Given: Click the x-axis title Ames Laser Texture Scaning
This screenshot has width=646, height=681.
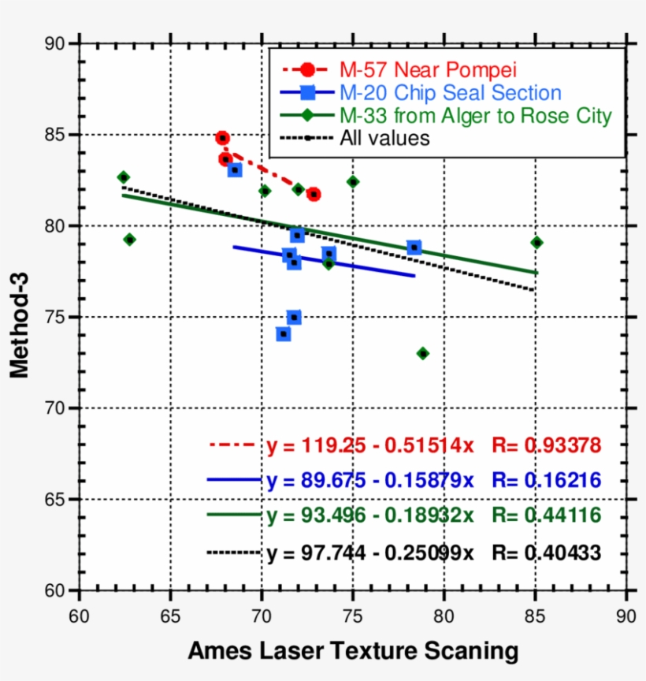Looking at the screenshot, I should tap(353, 651).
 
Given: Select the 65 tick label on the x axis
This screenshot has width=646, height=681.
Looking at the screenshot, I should tap(170, 613).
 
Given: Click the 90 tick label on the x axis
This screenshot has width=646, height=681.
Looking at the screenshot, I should tap(626, 613).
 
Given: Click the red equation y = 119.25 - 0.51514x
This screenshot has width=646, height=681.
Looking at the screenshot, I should tap(369, 445).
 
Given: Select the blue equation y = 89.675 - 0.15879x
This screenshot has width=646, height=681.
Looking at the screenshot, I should tap(369, 480).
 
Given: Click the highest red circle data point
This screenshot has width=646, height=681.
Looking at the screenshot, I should tap(222, 138).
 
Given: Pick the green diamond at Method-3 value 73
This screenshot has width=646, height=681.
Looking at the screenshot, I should tap(422, 353).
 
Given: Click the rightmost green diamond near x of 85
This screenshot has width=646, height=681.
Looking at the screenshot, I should tap(536, 242).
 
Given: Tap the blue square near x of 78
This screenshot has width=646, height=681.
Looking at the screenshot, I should tap(414, 247).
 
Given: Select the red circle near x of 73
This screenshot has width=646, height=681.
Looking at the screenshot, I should tap(314, 194).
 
